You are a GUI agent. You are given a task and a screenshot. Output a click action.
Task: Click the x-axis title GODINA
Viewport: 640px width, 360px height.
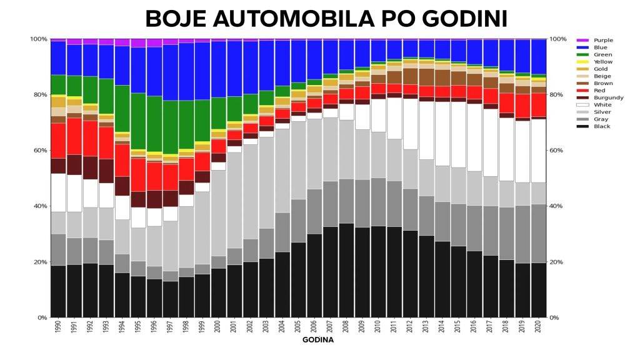(x=318, y=341)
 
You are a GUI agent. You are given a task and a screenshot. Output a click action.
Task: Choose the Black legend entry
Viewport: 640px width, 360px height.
(x=602, y=126)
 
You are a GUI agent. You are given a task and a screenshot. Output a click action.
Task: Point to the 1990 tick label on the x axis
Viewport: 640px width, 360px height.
(x=58, y=327)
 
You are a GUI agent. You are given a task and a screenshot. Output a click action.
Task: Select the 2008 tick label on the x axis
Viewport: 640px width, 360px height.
(x=346, y=327)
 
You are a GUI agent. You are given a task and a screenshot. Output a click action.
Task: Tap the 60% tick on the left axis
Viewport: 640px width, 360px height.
(x=39, y=151)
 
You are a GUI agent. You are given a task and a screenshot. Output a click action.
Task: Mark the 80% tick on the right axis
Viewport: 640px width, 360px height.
(x=557, y=95)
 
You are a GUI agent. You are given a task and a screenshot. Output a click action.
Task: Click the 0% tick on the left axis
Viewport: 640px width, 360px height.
(x=41, y=317)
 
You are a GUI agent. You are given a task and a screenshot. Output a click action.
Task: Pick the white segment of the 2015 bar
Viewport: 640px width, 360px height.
(x=458, y=134)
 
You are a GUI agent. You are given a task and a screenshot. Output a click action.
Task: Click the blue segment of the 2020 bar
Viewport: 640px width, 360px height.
(x=538, y=57)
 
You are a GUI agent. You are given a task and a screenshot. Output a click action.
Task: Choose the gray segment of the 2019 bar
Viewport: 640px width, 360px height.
(x=522, y=234)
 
